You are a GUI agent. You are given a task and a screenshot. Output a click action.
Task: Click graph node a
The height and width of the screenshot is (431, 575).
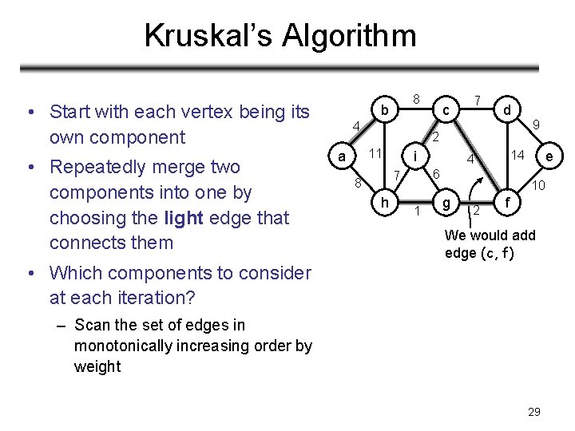pos(342,156)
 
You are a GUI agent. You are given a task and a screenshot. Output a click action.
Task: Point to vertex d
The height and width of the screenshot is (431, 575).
pos(507,107)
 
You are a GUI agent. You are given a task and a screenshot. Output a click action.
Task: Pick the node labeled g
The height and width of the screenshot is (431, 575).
pos(447,204)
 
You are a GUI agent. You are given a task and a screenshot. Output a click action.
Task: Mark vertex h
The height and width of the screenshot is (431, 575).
pos(385,204)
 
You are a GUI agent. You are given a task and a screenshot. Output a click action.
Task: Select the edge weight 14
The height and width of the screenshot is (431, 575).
pos(518,155)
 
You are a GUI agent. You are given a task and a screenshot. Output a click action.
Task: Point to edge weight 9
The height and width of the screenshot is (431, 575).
pos(537,125)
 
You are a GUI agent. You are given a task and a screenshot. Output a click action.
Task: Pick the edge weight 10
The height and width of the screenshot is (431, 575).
pos(539,186)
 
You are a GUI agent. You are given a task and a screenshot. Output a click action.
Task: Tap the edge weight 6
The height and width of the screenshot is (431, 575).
pos(436,174)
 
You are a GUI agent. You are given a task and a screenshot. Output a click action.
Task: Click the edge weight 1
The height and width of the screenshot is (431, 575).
pos(417,211)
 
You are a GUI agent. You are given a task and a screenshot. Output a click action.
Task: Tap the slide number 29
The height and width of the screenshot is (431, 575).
pos(534,412)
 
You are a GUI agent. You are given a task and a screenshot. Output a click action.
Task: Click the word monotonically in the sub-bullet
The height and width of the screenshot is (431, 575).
pos(125,346)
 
